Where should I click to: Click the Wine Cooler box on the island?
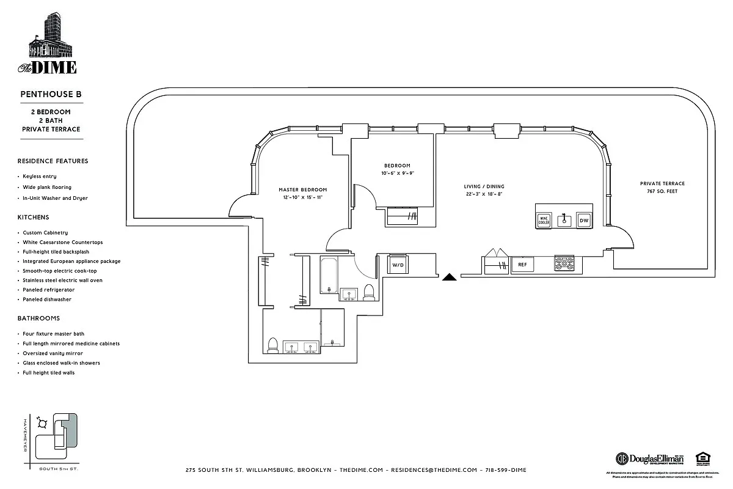[x=544, y=221]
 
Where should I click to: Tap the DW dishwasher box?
[x=584, y=220]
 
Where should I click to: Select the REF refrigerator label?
[x=522, y=265]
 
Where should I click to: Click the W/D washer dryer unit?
[x=398, y=265]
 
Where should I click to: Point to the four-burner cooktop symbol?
[x=565, y=264]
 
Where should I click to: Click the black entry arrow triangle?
[x=450, y=277]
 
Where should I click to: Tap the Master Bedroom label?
[x=303, y=189]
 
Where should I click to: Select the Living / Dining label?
[x=484, y=186]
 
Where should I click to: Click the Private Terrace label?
[x=662, y=183]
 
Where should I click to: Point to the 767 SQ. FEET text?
[x=662, y=191]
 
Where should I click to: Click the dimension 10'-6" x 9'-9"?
[x=397, y=173]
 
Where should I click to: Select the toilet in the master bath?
[x=273, y=346]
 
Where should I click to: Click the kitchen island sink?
[x=564, y=220]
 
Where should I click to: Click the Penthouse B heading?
[x=51, y=95]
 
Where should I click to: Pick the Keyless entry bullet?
[x=40, y=176]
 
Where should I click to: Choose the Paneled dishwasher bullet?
[x=47, y=300]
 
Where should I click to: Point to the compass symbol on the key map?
[x=42, y=421]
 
